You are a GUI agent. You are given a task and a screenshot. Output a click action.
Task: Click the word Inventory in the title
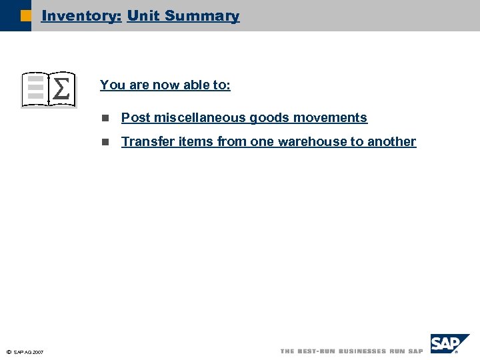pos(81,15)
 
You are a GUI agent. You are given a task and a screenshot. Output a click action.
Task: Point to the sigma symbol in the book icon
pos(61,89)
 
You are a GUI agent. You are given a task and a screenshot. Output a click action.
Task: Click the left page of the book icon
pos(35,89)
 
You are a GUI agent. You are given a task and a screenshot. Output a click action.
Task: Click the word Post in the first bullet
pos(135,117)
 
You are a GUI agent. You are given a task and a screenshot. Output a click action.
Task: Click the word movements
pos(331,117)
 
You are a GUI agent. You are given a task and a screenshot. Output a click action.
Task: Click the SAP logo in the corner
pos(448,344)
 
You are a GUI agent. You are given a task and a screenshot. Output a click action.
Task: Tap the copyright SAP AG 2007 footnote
pos(25,352)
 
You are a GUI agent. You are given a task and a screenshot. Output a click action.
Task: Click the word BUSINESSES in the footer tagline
pos(363,351)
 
